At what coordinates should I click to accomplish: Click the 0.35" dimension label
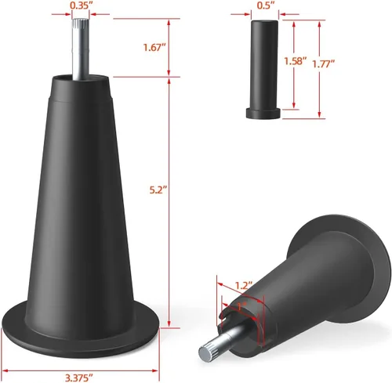coord(80,5)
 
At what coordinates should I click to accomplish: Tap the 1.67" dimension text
coord(154,48)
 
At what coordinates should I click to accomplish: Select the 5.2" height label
coord(158,190)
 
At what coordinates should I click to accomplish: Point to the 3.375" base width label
coord(78,378)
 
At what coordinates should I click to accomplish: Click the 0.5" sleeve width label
coord(265,5)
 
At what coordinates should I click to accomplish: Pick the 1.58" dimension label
coord(295,61)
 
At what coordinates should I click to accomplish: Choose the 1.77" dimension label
coord(324,64)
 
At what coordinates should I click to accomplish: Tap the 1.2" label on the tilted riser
coord(244,285)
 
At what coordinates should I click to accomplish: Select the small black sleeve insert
coord(263,69)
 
